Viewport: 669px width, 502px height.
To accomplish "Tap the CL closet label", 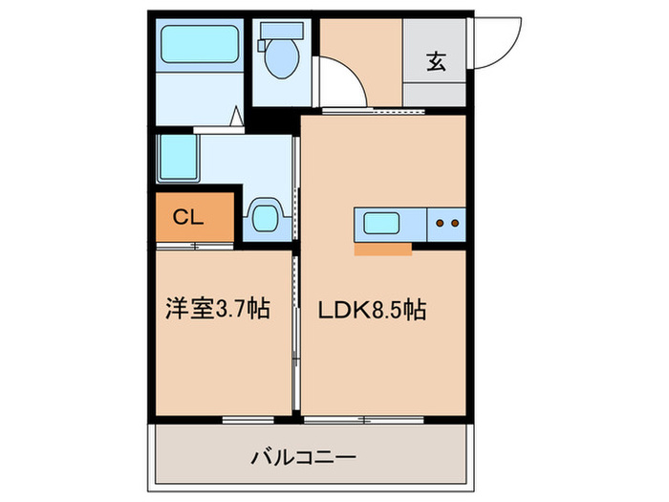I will click(x=188, y=217).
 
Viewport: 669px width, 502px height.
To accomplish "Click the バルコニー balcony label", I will click(x=303, y=457).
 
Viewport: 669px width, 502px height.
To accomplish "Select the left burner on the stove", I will click(x=441, y=224).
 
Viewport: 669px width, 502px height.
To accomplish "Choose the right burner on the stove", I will click(x=455, y=224).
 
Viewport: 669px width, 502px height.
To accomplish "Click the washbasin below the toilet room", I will click(x=263, y=216).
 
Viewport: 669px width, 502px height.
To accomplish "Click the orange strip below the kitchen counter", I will click(x=382, y=250).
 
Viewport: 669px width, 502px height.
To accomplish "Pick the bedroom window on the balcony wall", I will click(x=248, y=419).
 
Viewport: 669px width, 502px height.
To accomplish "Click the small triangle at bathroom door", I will click(x=235, y=119).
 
